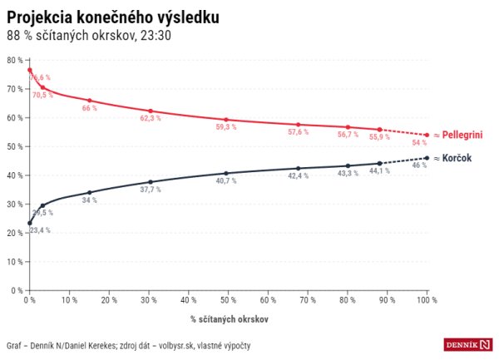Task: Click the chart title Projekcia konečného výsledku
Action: [x=113, y=17]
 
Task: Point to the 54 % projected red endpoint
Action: [x=427, y=135]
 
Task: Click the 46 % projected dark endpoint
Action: [x=427, y=158]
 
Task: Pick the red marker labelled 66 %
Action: [x=89, y=101]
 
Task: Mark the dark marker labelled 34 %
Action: [x=89, y=192]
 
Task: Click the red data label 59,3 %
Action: [x=225, y=127]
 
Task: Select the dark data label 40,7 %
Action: [x=225, y=180]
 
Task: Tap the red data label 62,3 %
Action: [x=150, y=119]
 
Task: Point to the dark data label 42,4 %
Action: [x=298, y=175]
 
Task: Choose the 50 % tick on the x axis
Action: [x=228, y=300]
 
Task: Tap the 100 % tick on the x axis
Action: [x=427, y=300]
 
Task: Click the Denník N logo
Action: [x=467, y=344]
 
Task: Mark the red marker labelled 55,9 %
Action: [x=379, y=130]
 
